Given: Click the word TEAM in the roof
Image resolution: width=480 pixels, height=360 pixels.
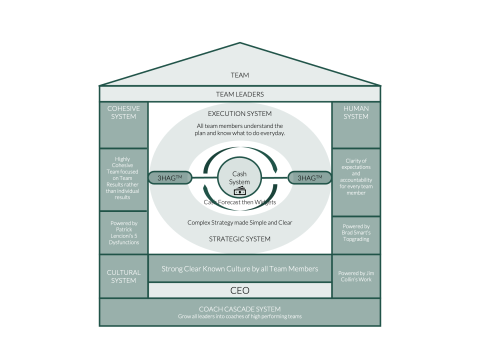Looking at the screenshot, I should coord(239,75).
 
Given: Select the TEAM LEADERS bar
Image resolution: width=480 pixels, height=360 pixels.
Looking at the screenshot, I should coord(239,94).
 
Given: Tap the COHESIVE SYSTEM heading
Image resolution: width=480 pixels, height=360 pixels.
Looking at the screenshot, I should coord(123,112).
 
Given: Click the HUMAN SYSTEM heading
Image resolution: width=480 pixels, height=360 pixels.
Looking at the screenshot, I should coord(356,112).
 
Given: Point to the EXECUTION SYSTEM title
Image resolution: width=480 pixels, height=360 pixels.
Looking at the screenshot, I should coord(239,113).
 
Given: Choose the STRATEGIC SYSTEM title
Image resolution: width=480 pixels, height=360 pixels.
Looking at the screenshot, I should coord(239,239).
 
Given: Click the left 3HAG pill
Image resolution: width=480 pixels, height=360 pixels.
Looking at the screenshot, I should coord(168,177).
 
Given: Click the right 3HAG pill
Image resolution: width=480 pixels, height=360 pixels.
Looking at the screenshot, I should coord(309,177).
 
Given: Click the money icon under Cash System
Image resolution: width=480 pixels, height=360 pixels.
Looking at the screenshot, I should coord(239,191).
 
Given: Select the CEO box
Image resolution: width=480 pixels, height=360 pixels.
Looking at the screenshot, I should coord(239,290).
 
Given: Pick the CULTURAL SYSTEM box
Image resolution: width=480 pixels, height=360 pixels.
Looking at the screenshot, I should coord(123,276).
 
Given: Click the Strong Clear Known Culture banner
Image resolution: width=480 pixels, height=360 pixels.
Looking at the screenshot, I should coord(239,269).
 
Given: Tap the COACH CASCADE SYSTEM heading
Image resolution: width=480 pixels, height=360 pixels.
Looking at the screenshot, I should coord(239,309).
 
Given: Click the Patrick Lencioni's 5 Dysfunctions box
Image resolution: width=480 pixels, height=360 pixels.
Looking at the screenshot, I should coord(123,232).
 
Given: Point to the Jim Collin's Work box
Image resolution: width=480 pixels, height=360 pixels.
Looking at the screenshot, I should coord(356,276).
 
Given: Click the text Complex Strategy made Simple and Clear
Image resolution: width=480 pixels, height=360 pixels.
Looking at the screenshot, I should coord(239,222).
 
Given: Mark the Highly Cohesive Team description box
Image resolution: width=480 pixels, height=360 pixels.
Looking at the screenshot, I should coord(123,179).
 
